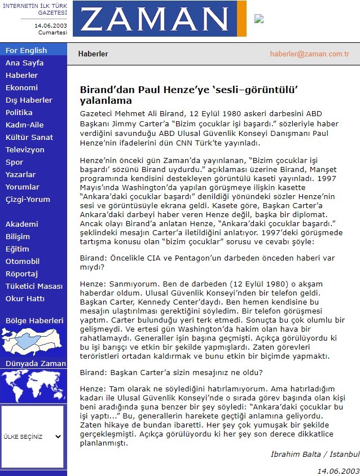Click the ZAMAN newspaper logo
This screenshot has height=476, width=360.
(159, 19)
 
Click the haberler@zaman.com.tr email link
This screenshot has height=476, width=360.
(310, 54)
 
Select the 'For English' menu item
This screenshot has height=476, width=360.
(26, 51)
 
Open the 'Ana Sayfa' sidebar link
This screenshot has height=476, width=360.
(24, 63)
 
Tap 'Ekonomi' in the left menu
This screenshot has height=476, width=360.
(21, 88)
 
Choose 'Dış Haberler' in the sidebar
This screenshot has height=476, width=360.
(29, 100)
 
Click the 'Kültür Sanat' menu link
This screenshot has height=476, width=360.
(29, 138)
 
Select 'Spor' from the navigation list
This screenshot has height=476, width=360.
(15, 162)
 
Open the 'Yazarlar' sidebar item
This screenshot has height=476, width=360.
(21, 175)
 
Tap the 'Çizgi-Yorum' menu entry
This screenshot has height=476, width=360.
(28, 200)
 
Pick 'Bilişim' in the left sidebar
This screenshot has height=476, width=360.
(17, 237)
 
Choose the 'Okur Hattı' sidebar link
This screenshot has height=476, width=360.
(25, 299)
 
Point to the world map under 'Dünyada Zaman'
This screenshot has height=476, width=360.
(33, 387)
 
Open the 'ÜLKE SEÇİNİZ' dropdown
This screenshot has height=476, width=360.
(33, 437)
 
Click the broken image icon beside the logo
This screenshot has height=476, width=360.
(259, 19)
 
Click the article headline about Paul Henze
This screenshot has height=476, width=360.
(188, 95)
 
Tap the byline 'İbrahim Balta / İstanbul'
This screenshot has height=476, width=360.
(315, 455)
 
